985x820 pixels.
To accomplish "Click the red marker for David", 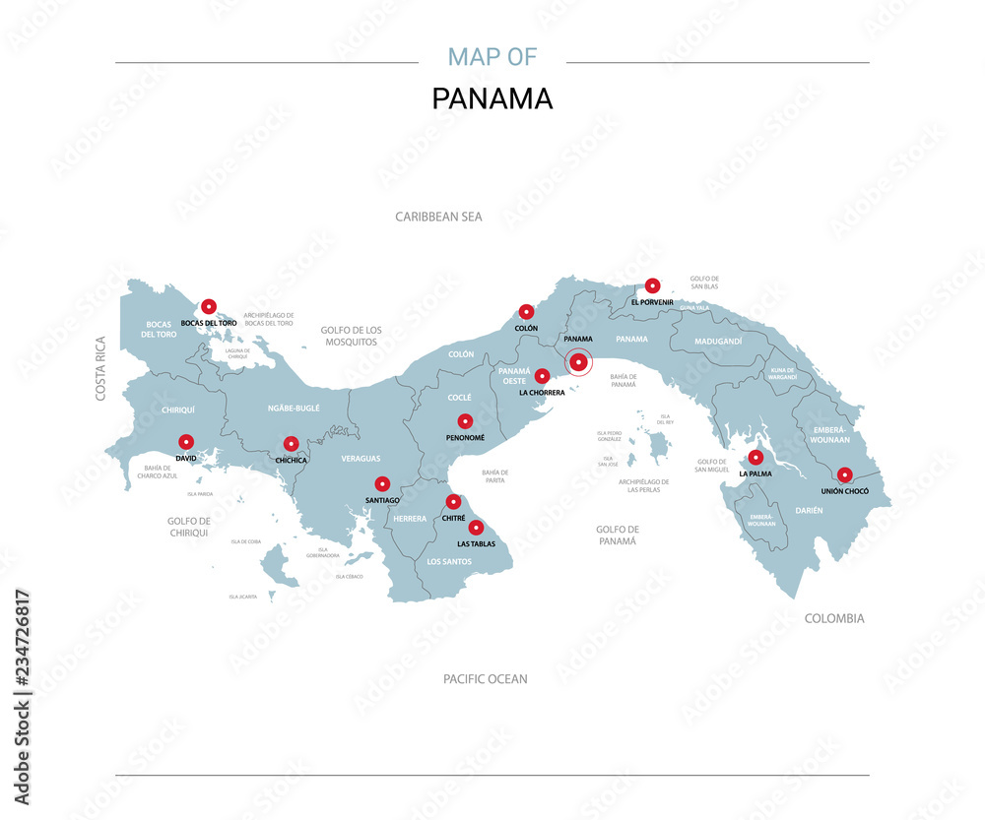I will (x=185, y=442).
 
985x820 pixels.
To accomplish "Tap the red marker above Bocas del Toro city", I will (x=208, y=306).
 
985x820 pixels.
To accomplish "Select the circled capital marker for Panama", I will (x=579, y=363).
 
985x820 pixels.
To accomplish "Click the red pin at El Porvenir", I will (x=652, y=285).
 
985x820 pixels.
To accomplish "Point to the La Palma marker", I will (x=755, y=457).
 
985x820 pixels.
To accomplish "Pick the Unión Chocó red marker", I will (x=844, y=474).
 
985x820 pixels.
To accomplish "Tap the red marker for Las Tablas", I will (x=476, y=528).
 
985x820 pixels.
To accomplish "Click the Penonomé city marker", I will (x=465, y=421).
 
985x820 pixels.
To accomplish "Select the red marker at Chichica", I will (x=291, y=444).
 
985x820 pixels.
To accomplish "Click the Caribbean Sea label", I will (x=438, y=217).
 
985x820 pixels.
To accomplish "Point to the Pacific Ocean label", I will (x=485, y=679).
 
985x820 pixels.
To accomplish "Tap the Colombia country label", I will (x=834, y=619).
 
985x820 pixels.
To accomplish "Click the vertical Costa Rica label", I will (x=100, y=368).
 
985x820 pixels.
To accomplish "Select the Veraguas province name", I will (x=361, y=459).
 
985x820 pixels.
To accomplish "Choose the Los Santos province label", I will (x=448, y=562).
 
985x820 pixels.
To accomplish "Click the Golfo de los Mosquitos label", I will (x=351, y=336).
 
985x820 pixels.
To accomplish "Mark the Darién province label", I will (x=808, y=510).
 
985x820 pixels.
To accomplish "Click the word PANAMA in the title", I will (x=492, y=99).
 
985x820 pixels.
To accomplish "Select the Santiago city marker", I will (x=382, y=483).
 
